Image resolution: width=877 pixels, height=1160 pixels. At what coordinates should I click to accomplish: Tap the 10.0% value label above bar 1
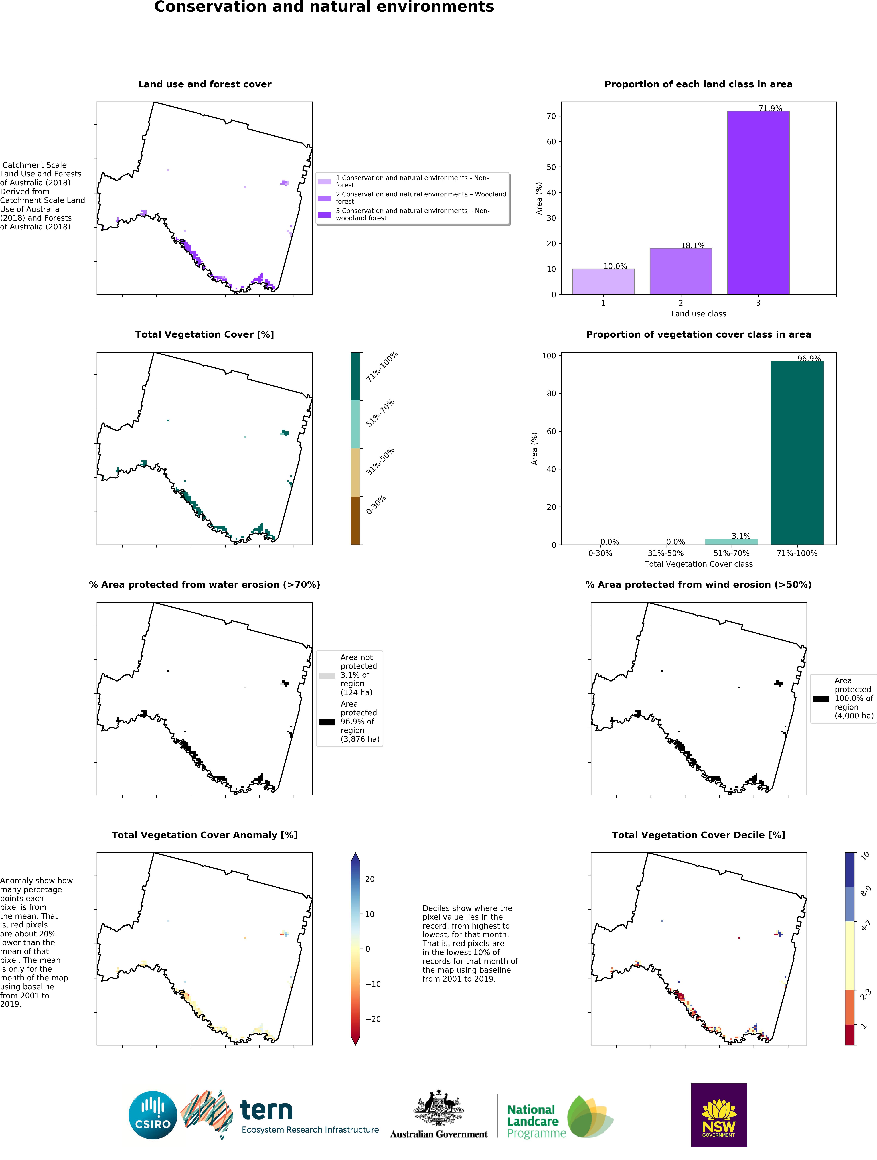pos(615,266)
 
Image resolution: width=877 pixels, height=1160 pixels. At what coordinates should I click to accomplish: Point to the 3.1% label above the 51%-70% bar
pos(741,536)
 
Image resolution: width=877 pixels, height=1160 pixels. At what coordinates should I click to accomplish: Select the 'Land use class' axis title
pos(698,314)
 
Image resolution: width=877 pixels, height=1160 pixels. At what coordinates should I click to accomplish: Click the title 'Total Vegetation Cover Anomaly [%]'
pos(204,835)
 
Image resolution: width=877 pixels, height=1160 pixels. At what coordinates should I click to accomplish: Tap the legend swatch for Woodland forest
pos(324,198)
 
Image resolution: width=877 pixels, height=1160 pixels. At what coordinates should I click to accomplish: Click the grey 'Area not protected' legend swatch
pos(327,675)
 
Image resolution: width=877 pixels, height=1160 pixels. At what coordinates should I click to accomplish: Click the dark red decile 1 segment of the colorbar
pos(849,1034)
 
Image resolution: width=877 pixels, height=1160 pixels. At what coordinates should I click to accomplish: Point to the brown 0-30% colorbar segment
pos(355,520)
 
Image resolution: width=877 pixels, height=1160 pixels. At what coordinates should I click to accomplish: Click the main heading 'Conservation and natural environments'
pos(324,7)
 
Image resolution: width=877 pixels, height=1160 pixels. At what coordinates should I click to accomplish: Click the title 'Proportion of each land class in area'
pos(698,84)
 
